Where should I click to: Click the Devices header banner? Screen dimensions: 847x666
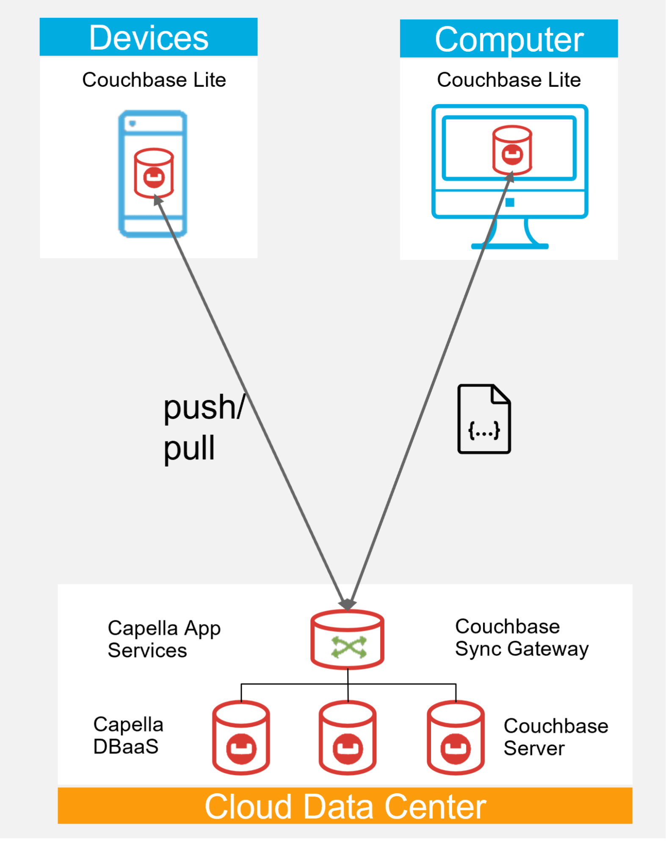pos(149,37)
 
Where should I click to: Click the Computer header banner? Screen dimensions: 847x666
pos(508,39)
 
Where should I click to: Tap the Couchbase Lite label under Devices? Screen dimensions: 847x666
pos(154,80)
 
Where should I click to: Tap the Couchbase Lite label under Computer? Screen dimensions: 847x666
pos(508,80)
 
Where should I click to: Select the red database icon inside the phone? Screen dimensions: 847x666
pos(154,172)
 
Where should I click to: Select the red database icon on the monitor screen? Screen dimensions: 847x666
pos(512,150)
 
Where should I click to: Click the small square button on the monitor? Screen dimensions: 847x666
pos(510,203)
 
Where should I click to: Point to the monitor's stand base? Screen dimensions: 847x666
pos(510,246)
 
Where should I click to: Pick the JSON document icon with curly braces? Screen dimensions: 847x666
pos(484,419)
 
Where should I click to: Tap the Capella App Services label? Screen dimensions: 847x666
pos(164,639)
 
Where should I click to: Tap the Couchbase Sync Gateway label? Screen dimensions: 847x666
pos(521,638)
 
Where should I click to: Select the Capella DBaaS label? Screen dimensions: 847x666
pos(128,736)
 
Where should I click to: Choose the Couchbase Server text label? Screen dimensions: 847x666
pos(555,737)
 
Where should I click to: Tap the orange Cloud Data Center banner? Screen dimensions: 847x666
pos(345,806)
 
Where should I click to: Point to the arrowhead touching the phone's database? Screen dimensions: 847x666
pos(158,200)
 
